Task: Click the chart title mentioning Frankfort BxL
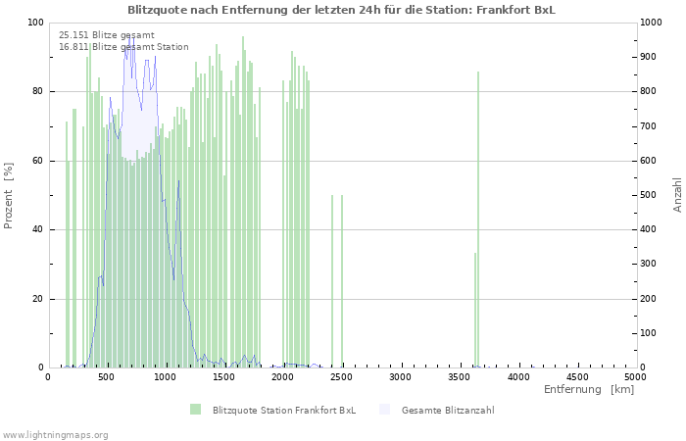[341, 10]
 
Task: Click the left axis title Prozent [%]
[9, 195]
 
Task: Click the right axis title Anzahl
[677, 195]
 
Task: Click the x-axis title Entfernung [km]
[589, 390]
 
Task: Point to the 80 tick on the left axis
[38, 91]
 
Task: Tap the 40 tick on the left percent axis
[38, 229]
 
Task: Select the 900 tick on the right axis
[652, 57]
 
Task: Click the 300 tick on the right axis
[652, 264]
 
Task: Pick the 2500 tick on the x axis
[342, 376]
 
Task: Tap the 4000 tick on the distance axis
[518, 376]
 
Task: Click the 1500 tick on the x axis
[224, 376]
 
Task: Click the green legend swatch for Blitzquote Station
[196, 410]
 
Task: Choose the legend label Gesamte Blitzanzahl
[447, 410]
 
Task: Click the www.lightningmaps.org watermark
[56, 434]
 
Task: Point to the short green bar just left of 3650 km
[475, 310]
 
